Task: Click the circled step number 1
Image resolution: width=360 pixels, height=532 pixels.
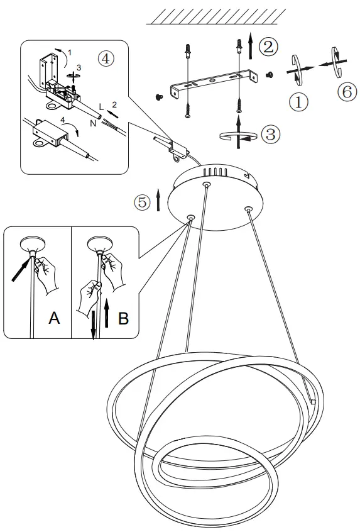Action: pyautogui.click(x=298, y=101)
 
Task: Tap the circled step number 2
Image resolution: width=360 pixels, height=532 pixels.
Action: pyautogui.click(x=268, y=46)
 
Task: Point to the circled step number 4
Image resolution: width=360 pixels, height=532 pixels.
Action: pyautogui.click(x=106, y=58)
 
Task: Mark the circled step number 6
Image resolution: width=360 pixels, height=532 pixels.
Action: pyautogui.click(x=346, y=92)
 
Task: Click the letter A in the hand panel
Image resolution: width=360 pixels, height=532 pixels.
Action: pyautogui.click(x=55, y=318)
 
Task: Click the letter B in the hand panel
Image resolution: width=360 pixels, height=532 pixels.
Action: pyautogui.click(x=123, y=318)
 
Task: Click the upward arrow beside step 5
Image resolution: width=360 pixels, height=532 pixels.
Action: pyautogui.click(x=158, y=201)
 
